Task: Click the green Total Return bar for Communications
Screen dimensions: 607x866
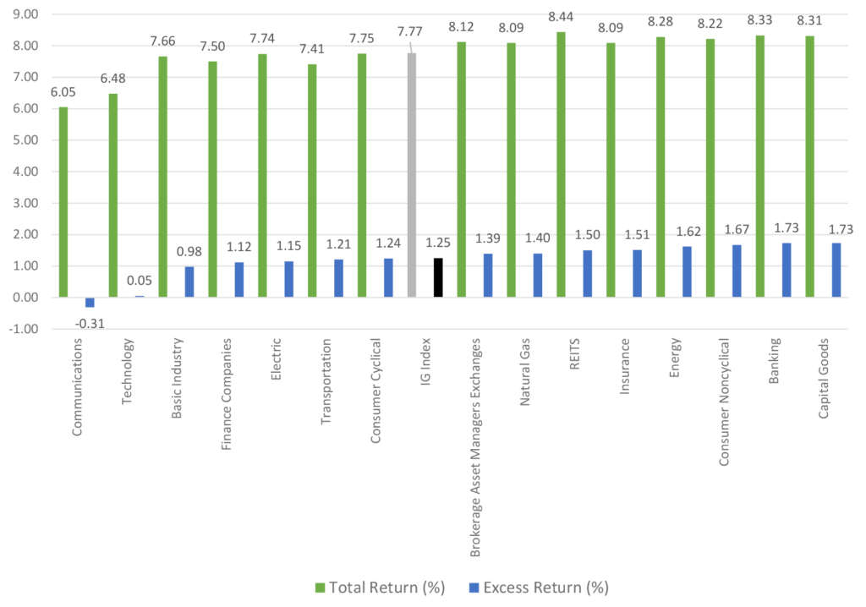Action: (x=64, y=202)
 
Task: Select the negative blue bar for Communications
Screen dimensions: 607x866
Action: (x=90, y=302)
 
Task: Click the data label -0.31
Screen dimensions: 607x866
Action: (x=90, y=322)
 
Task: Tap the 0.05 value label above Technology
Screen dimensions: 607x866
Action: (x=139, y=282)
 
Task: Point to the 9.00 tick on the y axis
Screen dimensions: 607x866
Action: (x=25, y=14)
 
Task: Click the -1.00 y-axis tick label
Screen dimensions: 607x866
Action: (x=24, y=329)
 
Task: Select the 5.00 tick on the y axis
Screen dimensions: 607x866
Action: (x=25, y=140)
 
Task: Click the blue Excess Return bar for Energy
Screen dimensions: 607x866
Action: (x=686, y=271)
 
